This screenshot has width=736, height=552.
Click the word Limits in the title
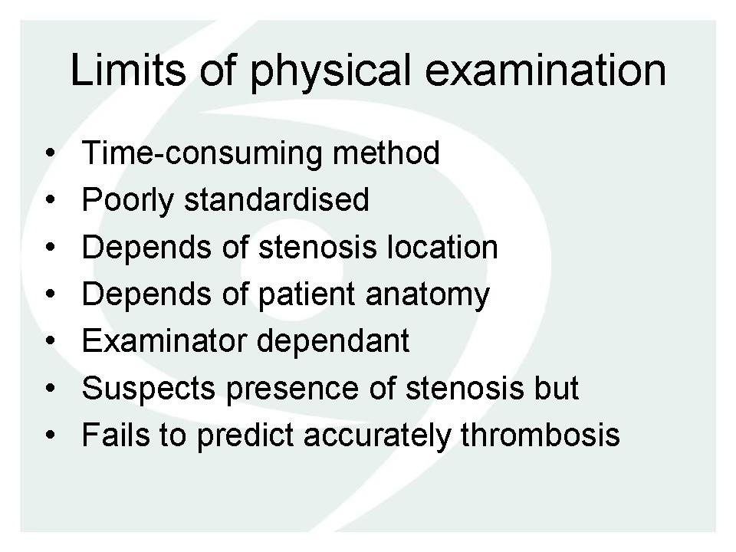pyautogui.click(x=128, y=70)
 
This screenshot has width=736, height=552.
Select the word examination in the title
pyautogui.click(x=545, y=70)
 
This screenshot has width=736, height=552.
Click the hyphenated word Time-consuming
pyautogui.click(x=202, y=153)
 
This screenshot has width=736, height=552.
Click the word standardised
pyautogui.click(x=277, y=199)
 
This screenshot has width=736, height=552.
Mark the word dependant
pyautogui.click(x=333, y=341)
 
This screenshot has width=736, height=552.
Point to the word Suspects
pyautogui.click(x=148, y=389)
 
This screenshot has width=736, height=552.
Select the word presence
pyautogui.click(x=292, y=389)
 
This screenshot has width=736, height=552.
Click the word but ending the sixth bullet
pyautogui.click(x=557, y=387)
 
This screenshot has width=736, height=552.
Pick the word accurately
pyautogui.click(x=377, y=435)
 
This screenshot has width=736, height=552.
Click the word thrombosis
pyautogui.click(x=540, y=434)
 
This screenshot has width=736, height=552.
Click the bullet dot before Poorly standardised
pyautogui.click(x=51, y=200)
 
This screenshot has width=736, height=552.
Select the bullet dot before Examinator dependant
pyautogui.click(x=51, y=340)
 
